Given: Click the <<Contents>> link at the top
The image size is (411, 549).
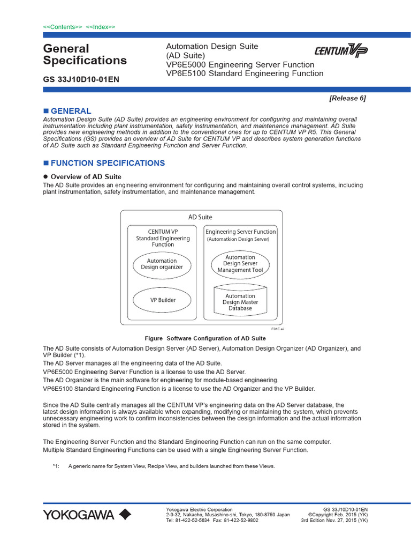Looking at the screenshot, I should tap(63, 27).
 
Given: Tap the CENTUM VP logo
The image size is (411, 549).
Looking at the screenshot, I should tap(340, 51).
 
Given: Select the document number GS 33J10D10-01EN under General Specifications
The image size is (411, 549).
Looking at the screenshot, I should tap(81, 79).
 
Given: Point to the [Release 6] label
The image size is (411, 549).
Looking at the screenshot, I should tap(348, 98).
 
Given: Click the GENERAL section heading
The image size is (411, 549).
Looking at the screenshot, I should tap(71, 110).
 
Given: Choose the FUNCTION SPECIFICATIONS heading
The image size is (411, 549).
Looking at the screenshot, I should tap(107, 163).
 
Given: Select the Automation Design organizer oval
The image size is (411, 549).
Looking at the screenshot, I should tap(162, 264).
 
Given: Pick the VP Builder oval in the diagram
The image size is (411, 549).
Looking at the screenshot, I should tap(163, 300).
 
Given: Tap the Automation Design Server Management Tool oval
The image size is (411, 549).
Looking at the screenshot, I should tap(240, 264).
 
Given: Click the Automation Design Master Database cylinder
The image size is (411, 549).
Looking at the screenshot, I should tap(240, 302).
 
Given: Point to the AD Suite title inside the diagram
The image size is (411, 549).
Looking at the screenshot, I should tap(200, 217).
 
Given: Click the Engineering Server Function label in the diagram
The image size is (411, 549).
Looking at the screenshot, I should tap(241, 232).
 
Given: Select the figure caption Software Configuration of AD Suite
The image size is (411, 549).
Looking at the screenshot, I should tap(205, 338).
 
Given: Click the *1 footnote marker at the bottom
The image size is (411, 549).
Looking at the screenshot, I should tap(55, 466).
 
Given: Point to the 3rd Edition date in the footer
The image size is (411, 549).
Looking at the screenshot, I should tap(334, 520).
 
